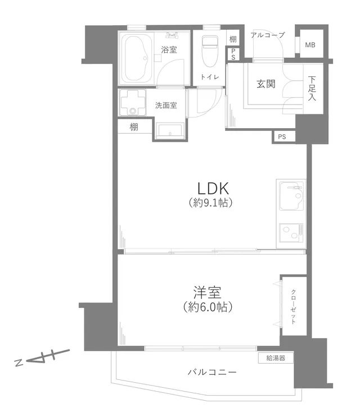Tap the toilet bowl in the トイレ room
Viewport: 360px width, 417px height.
point(210,51)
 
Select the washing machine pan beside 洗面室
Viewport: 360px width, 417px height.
point(133,102)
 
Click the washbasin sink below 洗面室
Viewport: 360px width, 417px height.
point(170,130)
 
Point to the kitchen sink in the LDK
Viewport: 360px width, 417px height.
point(291,196)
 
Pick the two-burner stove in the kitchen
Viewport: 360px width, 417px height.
point(291,233)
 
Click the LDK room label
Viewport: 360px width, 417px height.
point(213,188)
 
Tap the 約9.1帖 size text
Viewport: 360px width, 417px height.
point(210,203)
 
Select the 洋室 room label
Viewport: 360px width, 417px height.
point(207,292)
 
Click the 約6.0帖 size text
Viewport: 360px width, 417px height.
point(208,307)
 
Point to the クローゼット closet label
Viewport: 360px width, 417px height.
point(293,306)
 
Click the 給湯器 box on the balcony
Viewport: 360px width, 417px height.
point(276,358)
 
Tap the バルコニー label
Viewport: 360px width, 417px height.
point(212,372)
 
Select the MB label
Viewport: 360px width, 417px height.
point(310,45)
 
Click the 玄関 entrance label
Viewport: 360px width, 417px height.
point(265,84)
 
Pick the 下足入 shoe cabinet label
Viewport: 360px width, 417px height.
point(312,88)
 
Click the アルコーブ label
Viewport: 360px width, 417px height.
point(268,35)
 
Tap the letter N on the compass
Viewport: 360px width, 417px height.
point(19,362)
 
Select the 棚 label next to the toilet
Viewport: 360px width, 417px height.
point(233,39)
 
